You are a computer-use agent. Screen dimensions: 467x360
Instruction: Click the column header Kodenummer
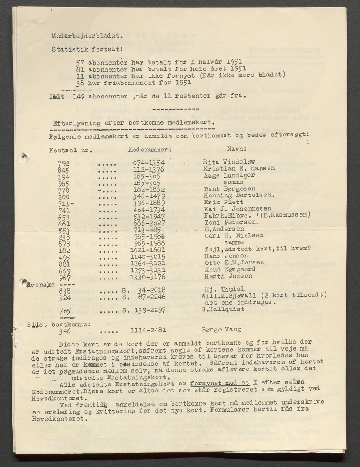tap(149, 151)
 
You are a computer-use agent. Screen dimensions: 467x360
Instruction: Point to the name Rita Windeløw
tap(227, 162)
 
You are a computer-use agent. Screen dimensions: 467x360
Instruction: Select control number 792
tap(64, 163)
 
